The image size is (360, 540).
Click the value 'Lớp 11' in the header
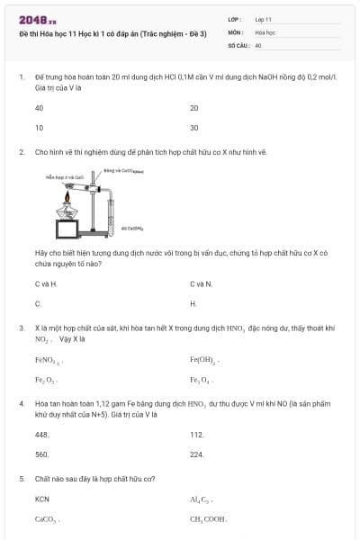[x=263, y=19]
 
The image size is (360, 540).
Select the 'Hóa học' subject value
[x=265, y=31]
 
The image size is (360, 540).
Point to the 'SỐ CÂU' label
[x=238, y=44]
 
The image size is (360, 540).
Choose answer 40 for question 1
[x=39, y=108]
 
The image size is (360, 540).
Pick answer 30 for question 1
[x=193, y=128]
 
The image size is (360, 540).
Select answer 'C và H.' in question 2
[x=46, y=284]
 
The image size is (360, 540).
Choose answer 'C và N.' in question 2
[x=201, y=284]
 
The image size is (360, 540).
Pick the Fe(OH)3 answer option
[x=204, y=360]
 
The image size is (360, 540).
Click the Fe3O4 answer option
[x=201, y=380]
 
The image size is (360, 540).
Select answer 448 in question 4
[x=41, y=435]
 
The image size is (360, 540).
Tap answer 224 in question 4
[x=196, y=454]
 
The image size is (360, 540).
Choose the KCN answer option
[x=42, y=499]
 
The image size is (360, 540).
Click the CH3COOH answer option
[x=208, y=518]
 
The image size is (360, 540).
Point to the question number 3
[x=21, y=328]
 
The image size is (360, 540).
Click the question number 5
[x=21, y=479]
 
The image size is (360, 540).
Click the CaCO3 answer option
[x=46, y=518]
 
